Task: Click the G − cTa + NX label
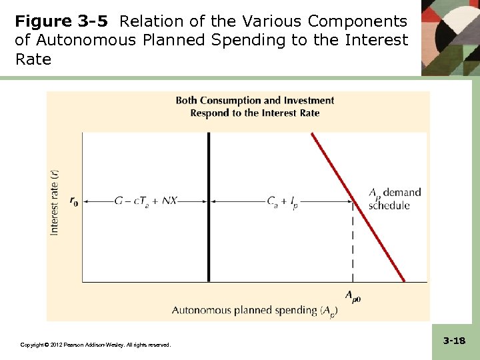pyautogui.click(x=147, y=200)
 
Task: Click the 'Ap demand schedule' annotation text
pyautogui.click(x=395, y=199)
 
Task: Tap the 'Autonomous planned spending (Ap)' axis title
pyautogui.click(x=253, y=310)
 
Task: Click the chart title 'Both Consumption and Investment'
pyautogui.click(x=255, y=101)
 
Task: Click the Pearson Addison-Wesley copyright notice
pyautogui.click(x=95, y=345)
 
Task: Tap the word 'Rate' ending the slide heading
pyautogui.click(x=33, y=59)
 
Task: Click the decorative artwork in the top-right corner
pyautogui.click(x=450, y=37)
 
